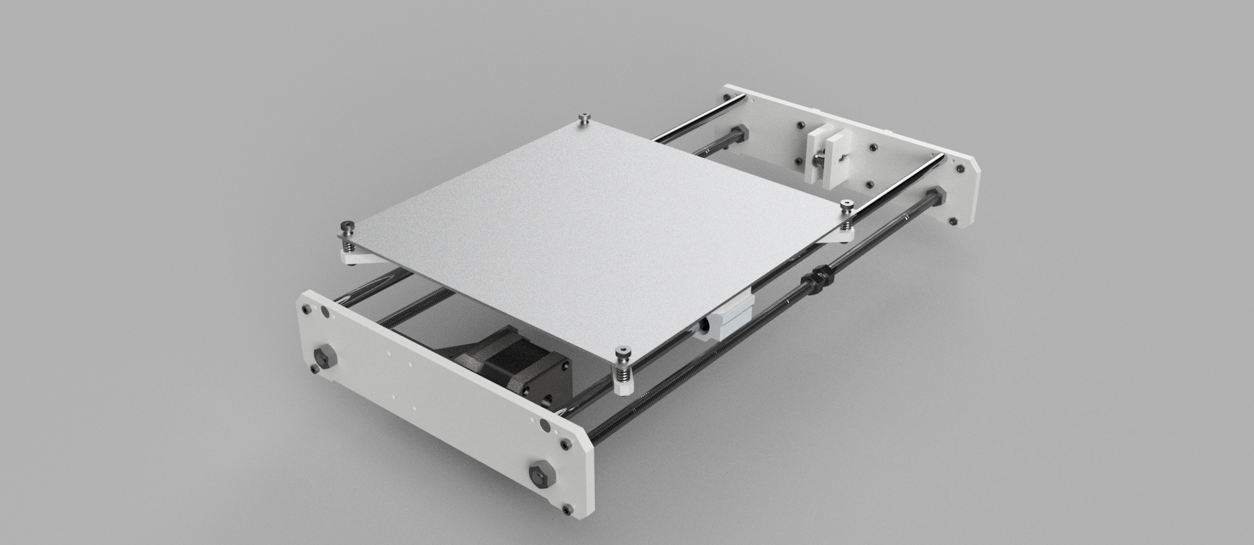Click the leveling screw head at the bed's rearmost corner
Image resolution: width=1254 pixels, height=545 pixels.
point(583,117)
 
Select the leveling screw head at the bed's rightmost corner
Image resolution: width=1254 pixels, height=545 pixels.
point(848,206)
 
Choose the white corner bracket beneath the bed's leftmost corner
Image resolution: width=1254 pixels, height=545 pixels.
point(359,258)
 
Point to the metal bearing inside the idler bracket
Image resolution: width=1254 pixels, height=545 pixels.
point(817,159)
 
